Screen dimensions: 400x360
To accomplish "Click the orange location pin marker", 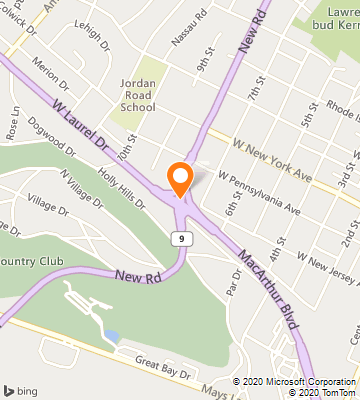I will coord(180,177).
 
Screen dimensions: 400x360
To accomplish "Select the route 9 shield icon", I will coord(179,238).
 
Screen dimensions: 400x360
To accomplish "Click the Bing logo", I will coord(22,389).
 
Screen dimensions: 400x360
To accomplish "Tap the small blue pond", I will coord(111,335).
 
